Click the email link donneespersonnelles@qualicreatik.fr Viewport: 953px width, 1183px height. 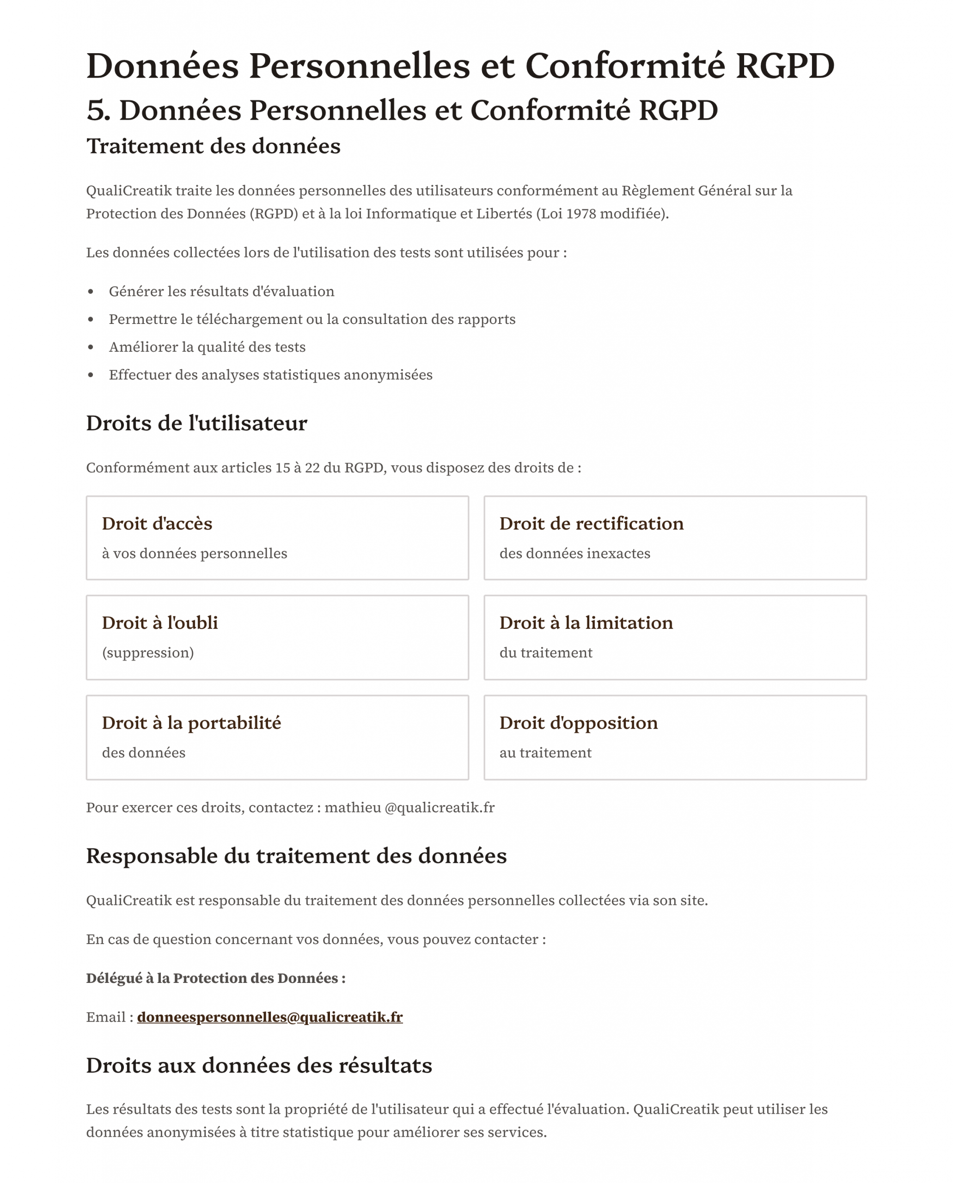click(269, 1017)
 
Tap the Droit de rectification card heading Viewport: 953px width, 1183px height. click(591, 524)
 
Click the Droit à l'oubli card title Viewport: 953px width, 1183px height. click(160, 623)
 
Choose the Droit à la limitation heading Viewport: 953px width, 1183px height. click(586, 623)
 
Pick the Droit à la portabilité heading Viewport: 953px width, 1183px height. click(191, 723)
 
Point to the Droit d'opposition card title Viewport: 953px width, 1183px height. click(578, 723)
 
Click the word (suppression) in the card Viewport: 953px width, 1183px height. click(148, 652)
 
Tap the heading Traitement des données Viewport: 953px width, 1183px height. click(213, 146)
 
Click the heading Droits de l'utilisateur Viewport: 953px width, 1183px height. click(196, 423)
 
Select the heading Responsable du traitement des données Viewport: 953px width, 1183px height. click(296, 856)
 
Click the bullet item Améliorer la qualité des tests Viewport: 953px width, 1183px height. click(207, 347)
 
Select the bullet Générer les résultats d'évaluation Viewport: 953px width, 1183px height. click(221, 292)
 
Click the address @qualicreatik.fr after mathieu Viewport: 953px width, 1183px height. click(439, 807)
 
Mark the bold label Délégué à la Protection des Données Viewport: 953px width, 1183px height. click(215, 978)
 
